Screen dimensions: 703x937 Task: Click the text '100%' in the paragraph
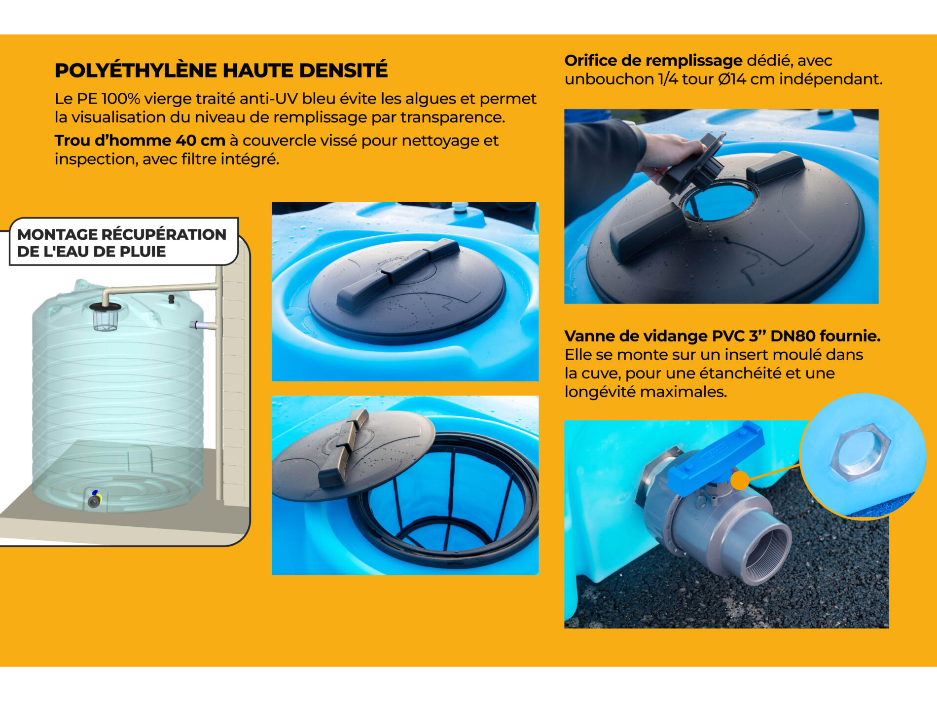[121, 99]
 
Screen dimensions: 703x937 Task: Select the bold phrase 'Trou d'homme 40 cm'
[140, 141]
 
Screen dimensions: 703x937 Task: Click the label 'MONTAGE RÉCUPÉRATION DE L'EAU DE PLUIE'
[122, 243]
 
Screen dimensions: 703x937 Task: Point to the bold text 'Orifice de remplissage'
[653, 61]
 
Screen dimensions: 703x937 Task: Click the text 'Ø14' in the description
[732, 79]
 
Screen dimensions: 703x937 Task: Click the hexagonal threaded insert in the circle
[860, 453]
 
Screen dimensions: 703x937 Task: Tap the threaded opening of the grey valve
[767, 555]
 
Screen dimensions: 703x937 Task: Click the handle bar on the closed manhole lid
[397, 274]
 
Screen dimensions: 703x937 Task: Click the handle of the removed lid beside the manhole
[343, 446]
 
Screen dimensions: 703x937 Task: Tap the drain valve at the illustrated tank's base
[94, 500]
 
